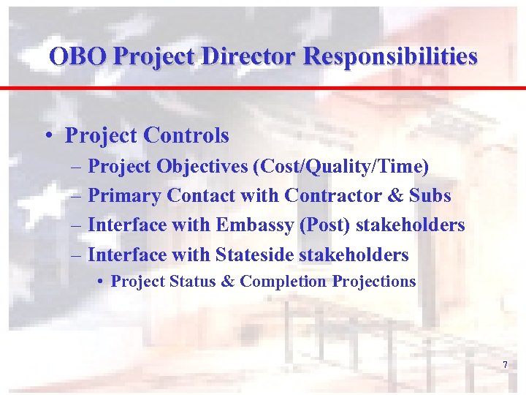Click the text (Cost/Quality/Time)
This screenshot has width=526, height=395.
[340, 167]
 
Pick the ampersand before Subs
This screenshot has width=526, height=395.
[394, 196]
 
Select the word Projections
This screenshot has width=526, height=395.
[374, 282]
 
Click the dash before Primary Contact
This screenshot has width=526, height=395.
[77, 196]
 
